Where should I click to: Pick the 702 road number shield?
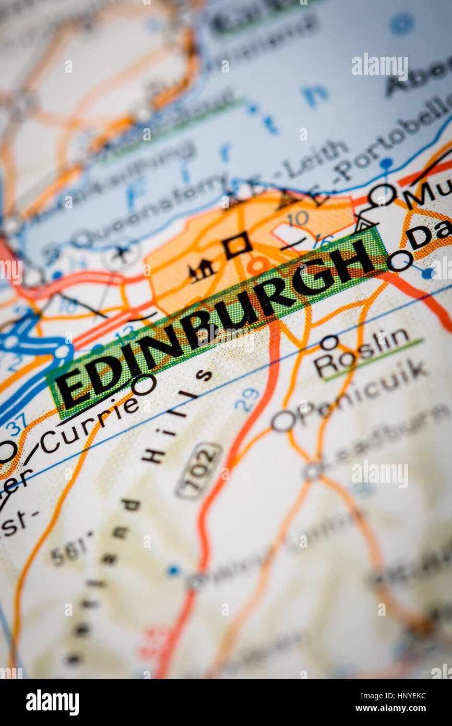pos(199,470)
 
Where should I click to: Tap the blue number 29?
pos(246,400)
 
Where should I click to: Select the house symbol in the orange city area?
pos(201,271)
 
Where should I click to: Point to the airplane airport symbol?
pos(122,255)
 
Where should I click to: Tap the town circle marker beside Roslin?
pos(329,343)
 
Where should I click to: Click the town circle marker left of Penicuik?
pos(283,420)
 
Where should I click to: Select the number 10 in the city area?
pos(298,218)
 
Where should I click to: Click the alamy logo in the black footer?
pos(52,702)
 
